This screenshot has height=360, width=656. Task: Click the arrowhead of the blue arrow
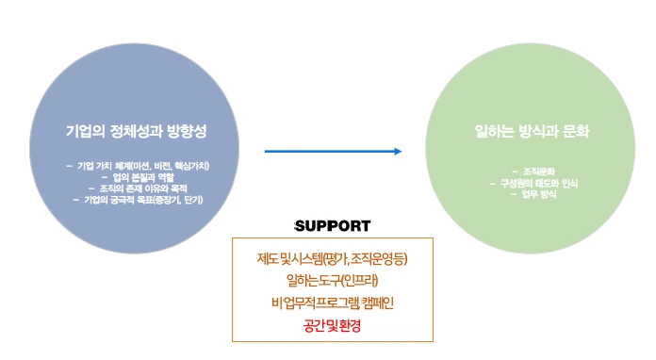[x=397, y=151]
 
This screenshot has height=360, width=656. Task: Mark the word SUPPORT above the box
[x=332, y=226]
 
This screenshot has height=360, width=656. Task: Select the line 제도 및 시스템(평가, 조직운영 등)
[x=332, y=258]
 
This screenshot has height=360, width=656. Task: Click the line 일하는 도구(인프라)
[x=332, y=280]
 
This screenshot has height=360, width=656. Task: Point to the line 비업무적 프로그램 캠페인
[x=332, y=303]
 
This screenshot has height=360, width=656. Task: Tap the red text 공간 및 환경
[x=332, y=325]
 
